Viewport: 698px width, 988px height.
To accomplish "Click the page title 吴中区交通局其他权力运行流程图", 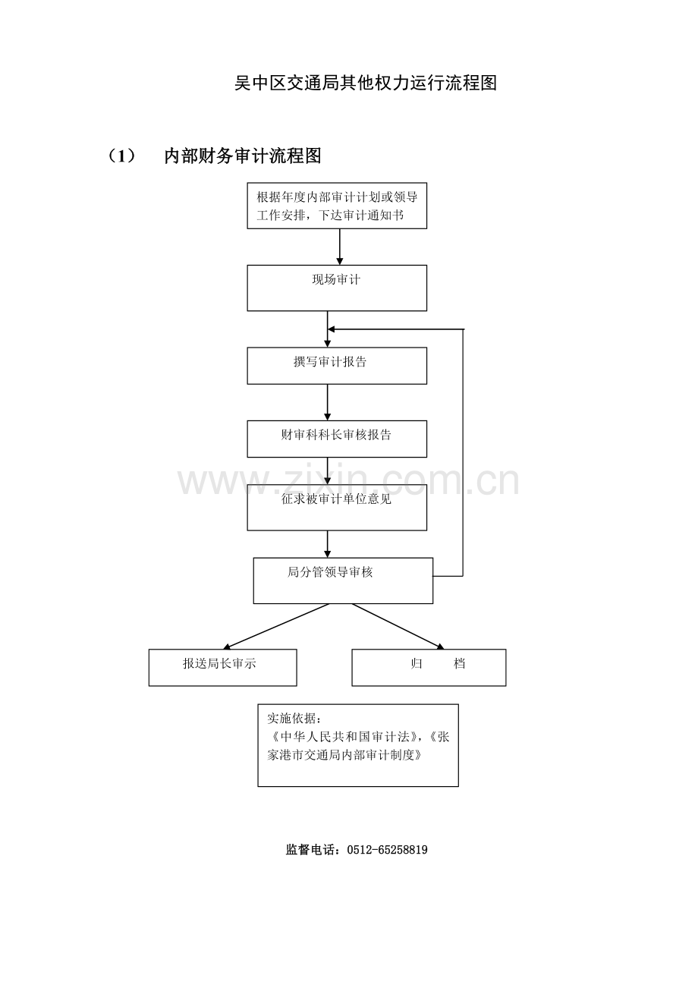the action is coord(366,83).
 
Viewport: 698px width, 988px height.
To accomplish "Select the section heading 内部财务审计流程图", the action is coord(243,156).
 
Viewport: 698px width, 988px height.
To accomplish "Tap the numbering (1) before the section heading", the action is coord(121,156).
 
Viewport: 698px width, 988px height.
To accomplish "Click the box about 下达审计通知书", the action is coord(337,206).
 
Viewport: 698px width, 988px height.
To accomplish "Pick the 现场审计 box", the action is coord(337,288).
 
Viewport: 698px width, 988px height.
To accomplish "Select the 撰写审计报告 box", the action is coord(337,366).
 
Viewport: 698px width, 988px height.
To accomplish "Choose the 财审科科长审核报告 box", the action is coord(337,439).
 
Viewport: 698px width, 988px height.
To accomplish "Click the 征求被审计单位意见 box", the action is coord(337,507).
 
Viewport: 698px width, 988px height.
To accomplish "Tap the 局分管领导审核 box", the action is coord(343,581).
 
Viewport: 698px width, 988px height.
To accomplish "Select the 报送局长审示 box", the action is coord(222,667).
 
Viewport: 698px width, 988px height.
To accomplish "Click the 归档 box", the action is coord(429,667).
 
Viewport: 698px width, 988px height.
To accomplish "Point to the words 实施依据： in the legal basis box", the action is coord(294,718).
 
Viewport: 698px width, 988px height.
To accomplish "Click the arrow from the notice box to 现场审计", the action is coord(340,247).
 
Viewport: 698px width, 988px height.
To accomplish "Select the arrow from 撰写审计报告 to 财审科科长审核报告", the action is coord(327,402).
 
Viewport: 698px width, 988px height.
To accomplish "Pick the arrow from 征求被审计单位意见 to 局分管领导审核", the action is coord(327,544).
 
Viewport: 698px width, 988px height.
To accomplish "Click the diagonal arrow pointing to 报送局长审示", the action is coord(276,626).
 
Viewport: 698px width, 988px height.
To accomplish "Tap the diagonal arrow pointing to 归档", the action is coord(398,626).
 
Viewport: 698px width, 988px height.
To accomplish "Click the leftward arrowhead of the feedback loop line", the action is coord(332,329).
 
